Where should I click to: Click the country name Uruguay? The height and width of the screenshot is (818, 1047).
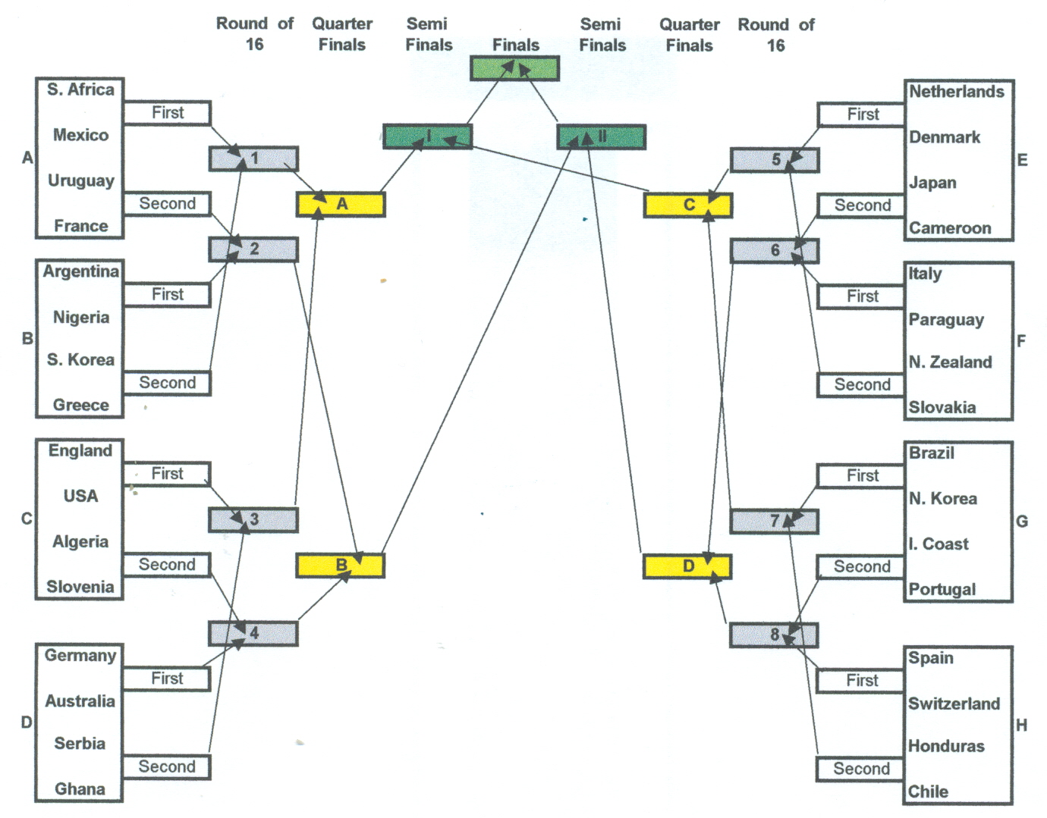coord(81,181)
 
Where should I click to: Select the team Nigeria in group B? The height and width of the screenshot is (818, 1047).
coord(81,318)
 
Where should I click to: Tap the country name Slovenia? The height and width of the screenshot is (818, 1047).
coord(80,587)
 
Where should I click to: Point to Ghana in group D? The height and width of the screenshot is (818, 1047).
coord(80,789)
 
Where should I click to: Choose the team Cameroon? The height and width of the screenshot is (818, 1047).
coord(950,227)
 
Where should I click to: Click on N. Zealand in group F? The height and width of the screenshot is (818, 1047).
coord(950,362)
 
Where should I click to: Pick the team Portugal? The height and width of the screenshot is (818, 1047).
coord(942,590)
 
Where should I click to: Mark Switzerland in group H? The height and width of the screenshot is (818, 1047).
coord(954,704)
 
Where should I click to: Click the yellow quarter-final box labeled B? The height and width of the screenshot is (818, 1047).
coord(340,566)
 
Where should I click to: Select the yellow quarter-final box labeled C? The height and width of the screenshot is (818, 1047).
coord(688,205)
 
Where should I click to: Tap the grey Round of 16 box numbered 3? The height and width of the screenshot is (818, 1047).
coord(253,520)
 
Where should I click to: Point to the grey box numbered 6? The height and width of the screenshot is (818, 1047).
coord(775,251)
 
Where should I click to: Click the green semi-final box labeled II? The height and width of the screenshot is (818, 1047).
coord(601,137)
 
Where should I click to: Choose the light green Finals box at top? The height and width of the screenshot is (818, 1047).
coord(514,68)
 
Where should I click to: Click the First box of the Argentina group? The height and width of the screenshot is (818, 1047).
coord(167,295)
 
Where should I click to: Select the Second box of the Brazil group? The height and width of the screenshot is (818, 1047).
coord(861,566)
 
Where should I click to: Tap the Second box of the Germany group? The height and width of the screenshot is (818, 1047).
coord(167,766)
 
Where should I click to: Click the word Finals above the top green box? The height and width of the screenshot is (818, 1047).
coord(516,45)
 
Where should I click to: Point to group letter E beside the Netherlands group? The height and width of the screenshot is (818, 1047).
coord(1023,160)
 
